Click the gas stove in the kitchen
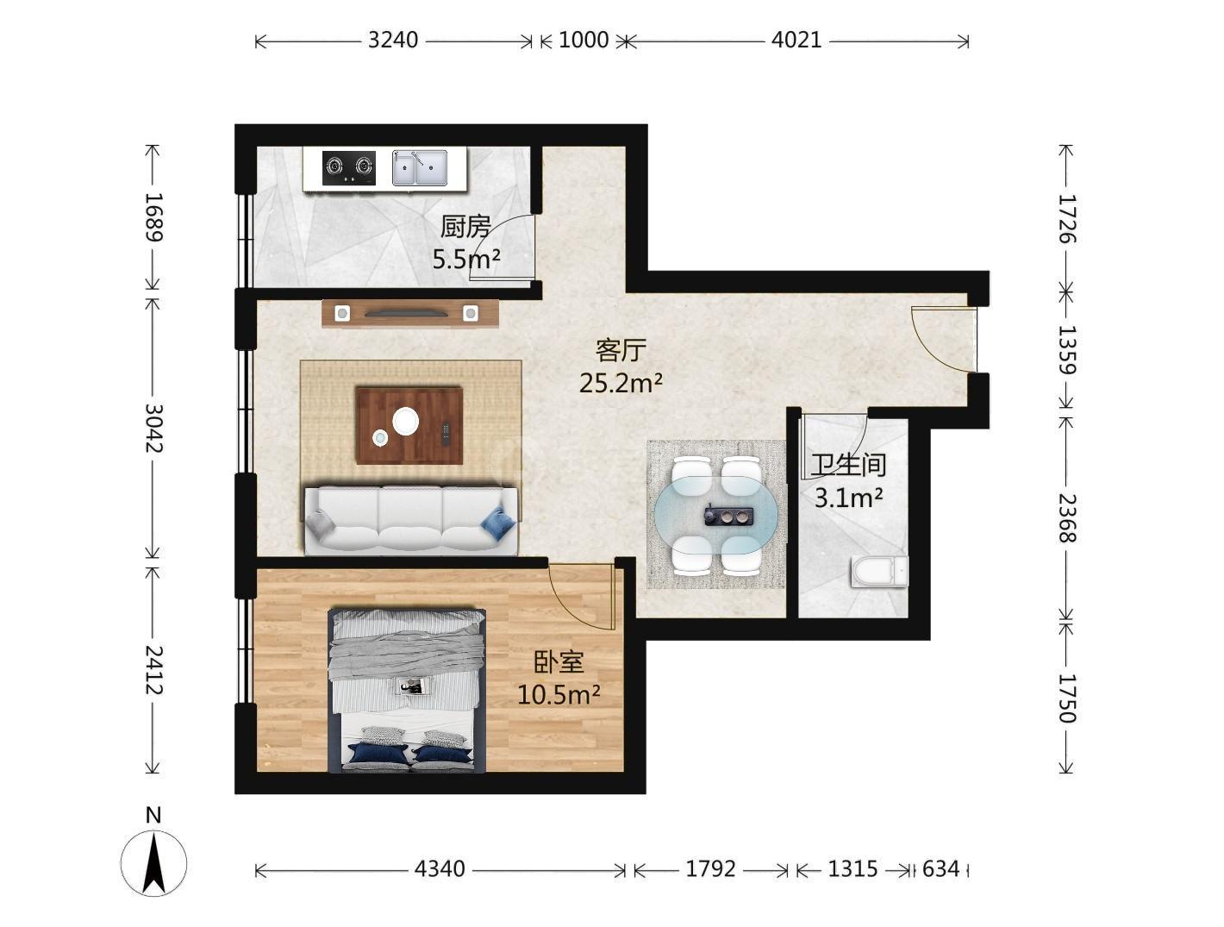click(348, 167)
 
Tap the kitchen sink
click(419, 167)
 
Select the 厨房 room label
click(465, 227)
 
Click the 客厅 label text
click(621, 350)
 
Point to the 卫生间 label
click(848, 465)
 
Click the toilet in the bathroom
click(879, 571)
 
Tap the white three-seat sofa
click(411, 520)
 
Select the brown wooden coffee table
click(409, 426)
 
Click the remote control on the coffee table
click(446, 435)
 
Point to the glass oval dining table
click(716, 515)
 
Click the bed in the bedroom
click(407, 691)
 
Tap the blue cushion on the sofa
click(498, 523)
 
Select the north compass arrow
click(153, 863)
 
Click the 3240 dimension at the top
click(392, 41)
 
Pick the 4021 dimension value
click(796, 41)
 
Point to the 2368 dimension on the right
click(1067, 518)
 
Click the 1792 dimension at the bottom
click(710, 869)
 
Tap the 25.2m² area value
click(621, 383)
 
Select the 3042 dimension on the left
click(153, 428)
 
